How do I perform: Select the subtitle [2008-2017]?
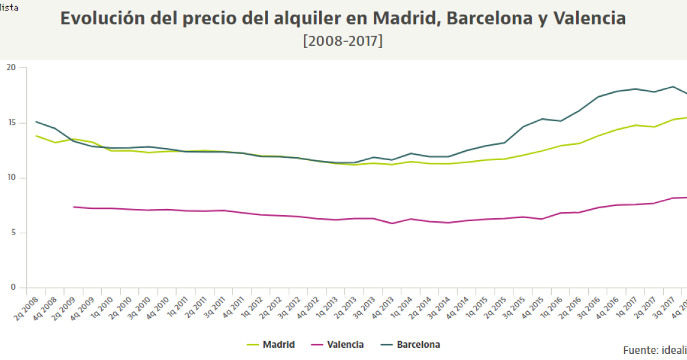[x=343, y=41]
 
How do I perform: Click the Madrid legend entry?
[x=278, y=345]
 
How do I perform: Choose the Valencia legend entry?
[x=345, y=345]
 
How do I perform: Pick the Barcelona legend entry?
[x=418, y=345]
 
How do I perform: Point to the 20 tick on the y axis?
[x=12, y=68]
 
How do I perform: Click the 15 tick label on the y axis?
[x=12, y=123]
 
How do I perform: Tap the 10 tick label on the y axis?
[x=12, y=178]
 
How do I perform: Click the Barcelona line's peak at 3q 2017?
[x=672, y=86]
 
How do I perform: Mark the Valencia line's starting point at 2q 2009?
[x=74, y=207]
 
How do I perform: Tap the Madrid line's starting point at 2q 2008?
[x=36, y=136]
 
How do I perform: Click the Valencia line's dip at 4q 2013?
[x=392, y=224]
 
